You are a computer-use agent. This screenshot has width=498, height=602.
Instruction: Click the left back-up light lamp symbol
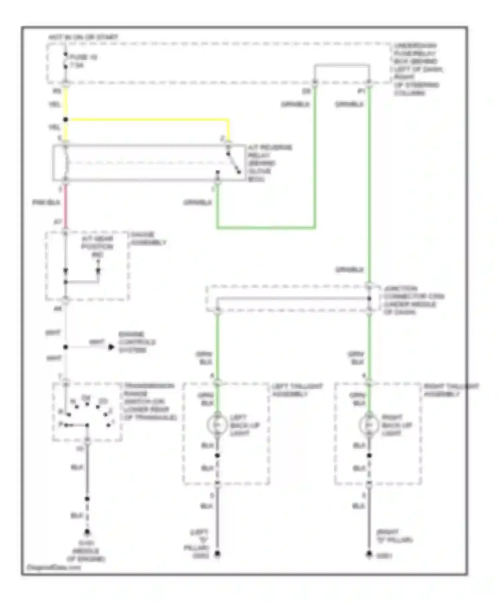pos(217,425)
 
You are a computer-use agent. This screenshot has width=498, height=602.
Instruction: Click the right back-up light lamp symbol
pos(369,425)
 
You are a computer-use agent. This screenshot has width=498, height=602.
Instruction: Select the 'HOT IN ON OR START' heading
pos(83,37)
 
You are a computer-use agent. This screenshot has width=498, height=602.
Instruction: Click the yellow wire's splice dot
pos(66,119)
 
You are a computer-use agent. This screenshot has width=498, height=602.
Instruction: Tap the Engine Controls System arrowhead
pos(111,347)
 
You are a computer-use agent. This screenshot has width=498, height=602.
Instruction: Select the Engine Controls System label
pos(137,342)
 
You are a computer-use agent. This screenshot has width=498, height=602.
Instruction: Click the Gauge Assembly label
pos(148,239)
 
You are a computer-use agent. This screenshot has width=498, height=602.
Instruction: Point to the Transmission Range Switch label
pos(149,402)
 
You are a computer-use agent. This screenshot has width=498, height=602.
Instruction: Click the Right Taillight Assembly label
pos(451,390)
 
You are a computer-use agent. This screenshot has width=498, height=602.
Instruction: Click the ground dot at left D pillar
pos(217,554)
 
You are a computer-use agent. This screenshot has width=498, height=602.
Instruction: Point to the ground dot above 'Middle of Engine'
pos(87,532)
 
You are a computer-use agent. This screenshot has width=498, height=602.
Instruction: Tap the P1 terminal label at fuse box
pos(361,91)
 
